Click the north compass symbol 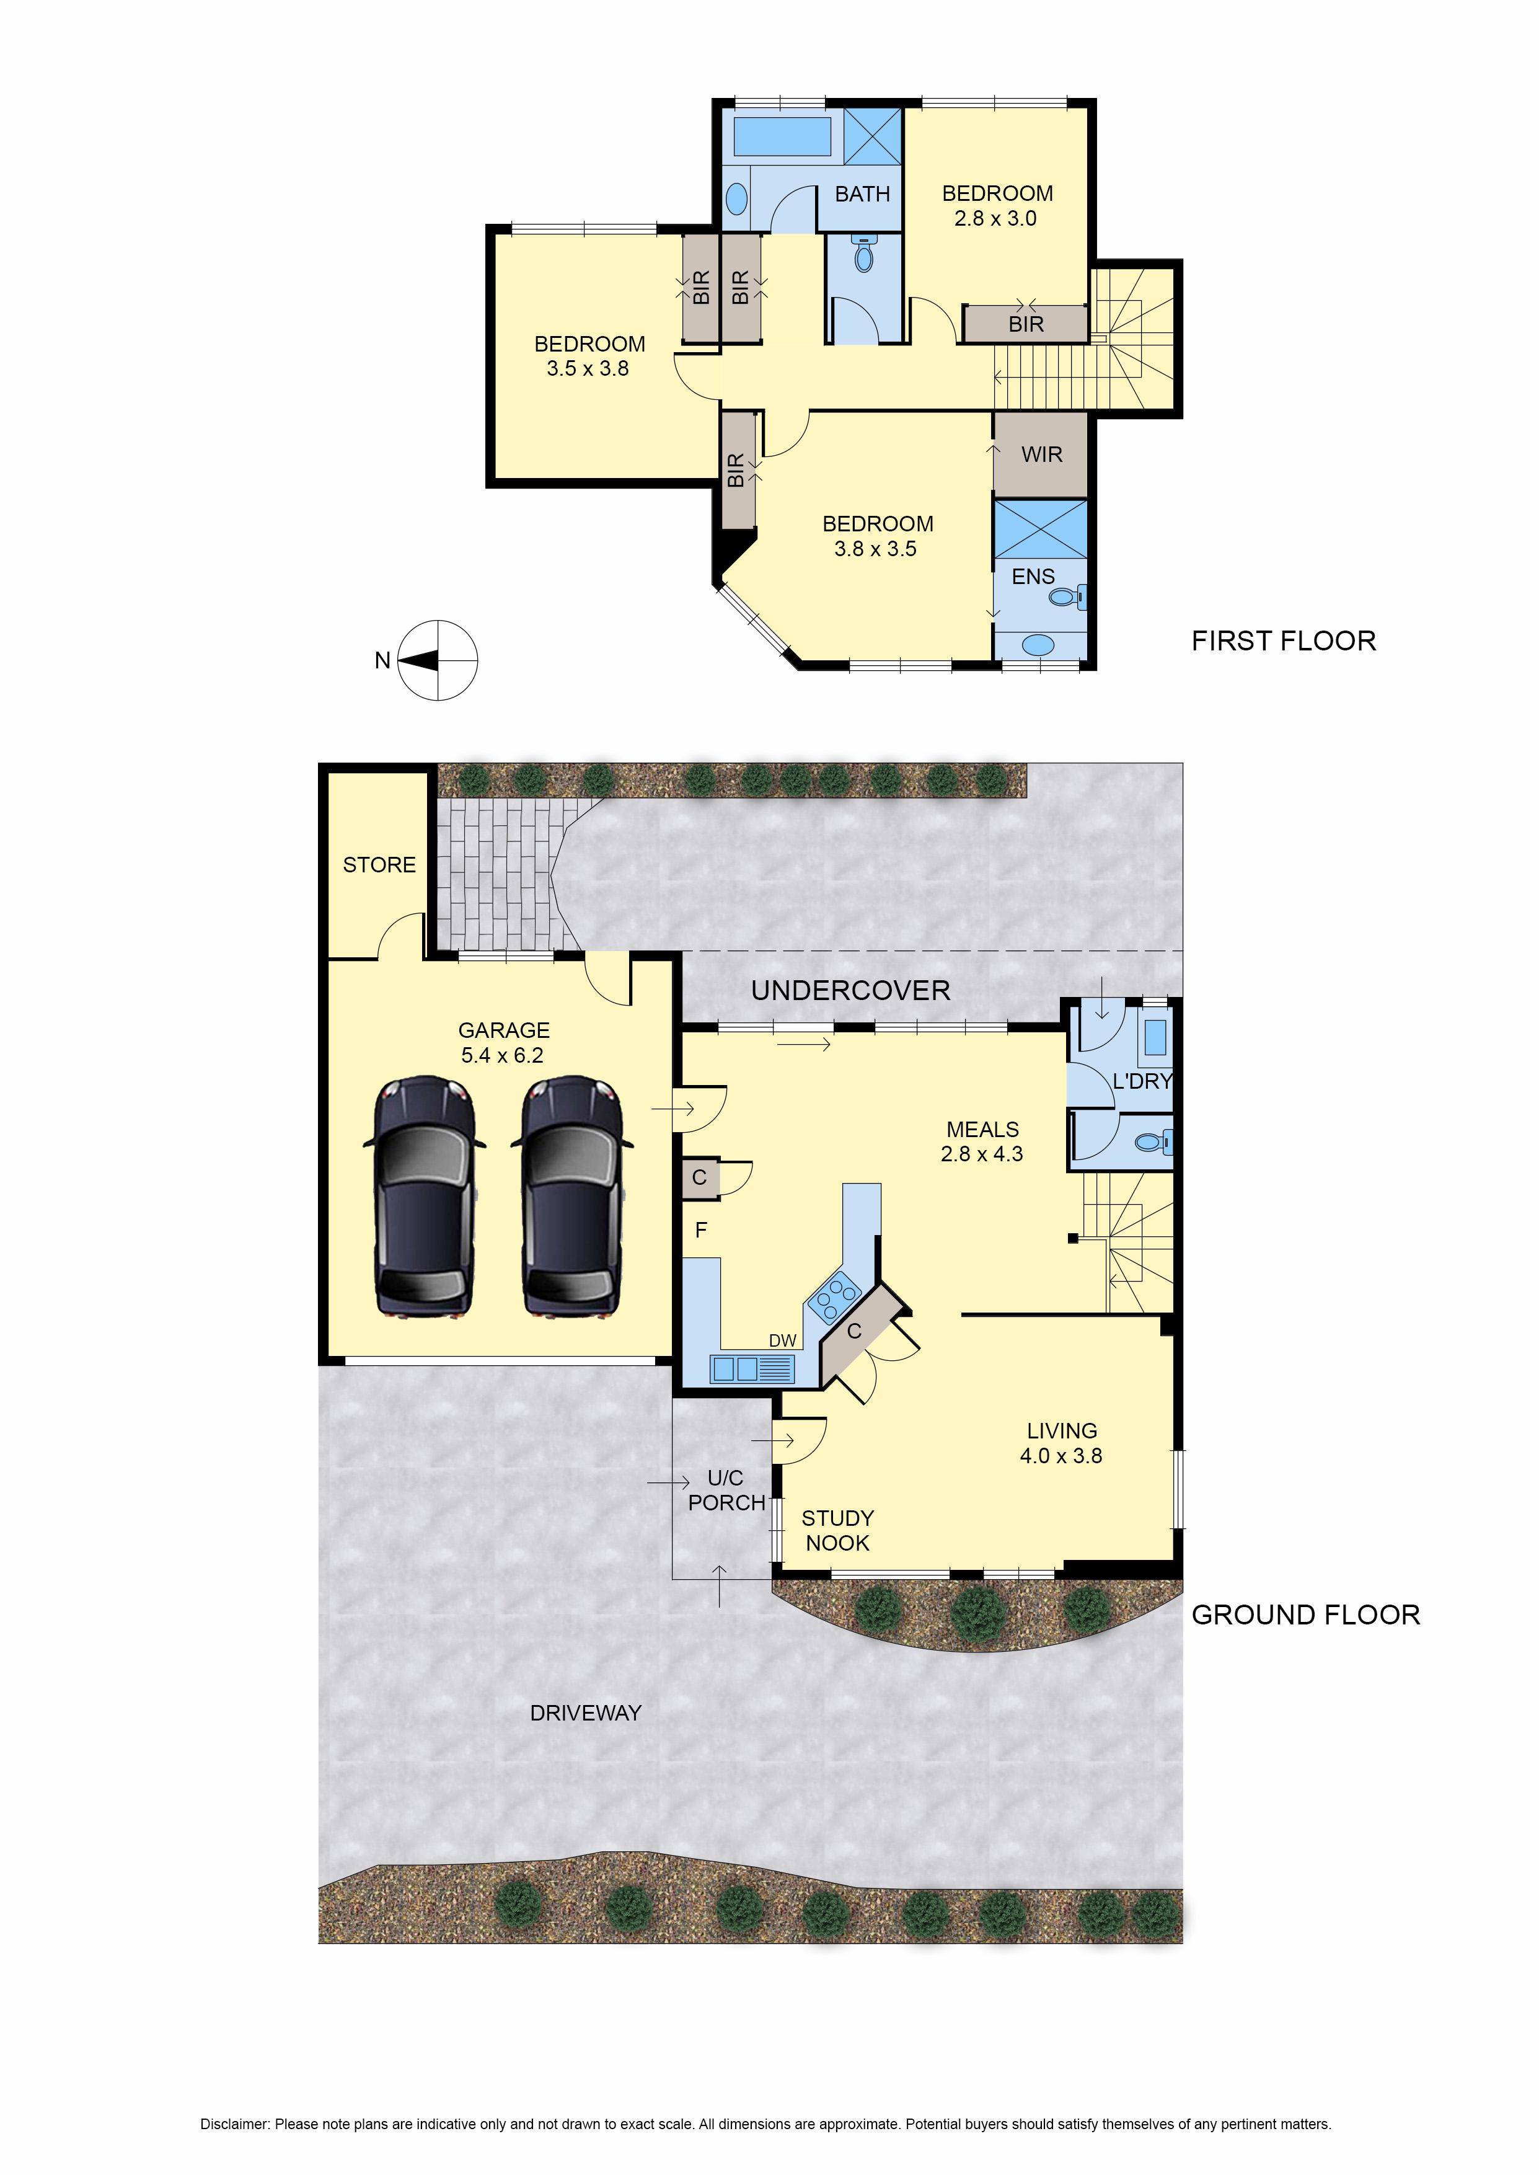[x=437, y=660]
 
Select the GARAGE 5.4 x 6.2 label [x=503, y=1042]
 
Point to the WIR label [x=1041, y=455]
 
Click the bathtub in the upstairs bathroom [x=782, y=136]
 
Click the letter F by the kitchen [x=701, y=1230]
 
